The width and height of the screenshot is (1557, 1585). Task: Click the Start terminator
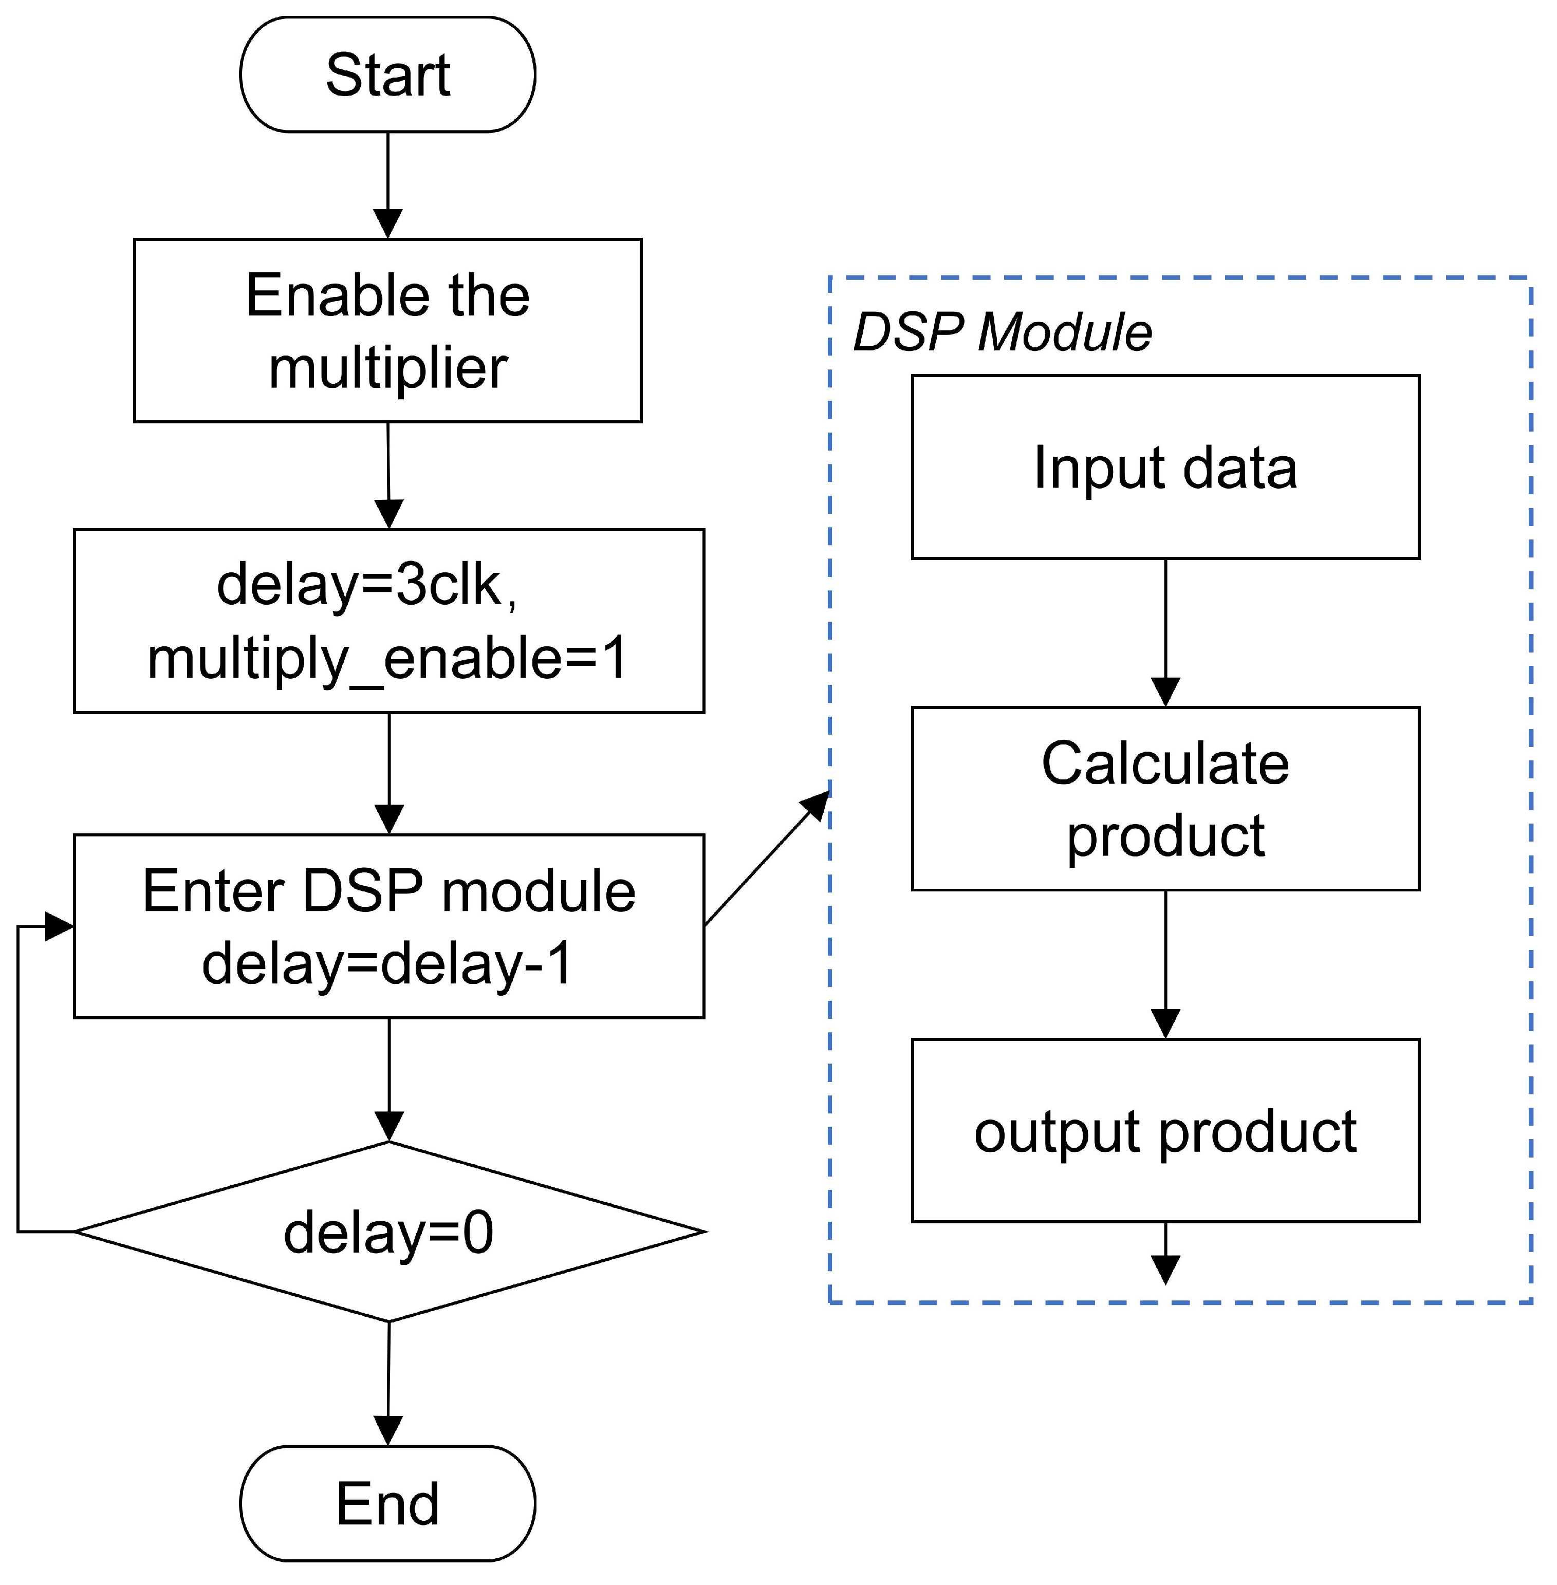point(387,74)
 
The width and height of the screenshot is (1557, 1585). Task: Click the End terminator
point(387,1502)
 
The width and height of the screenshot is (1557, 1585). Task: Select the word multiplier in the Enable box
point(387,368)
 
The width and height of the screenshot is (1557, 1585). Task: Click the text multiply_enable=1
point(387,659)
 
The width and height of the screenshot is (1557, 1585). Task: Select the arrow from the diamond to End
point(388,1382)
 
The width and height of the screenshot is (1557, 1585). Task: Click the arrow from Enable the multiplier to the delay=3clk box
point(388,475)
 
